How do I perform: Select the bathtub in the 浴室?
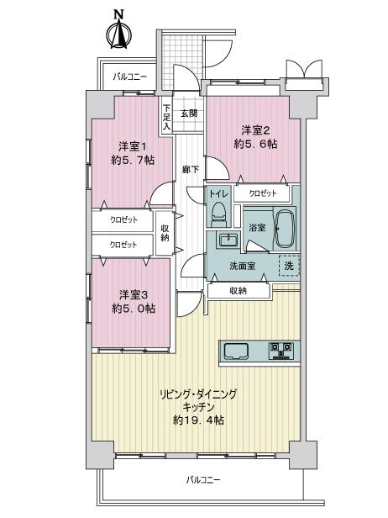284,229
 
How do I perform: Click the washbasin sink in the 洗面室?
228,240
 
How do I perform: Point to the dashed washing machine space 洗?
290,266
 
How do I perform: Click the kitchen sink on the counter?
236,351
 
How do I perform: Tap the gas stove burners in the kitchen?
281,351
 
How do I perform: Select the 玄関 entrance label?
189,114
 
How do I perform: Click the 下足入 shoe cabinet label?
167,117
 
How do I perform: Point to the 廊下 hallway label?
191,170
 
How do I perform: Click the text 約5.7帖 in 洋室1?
133,161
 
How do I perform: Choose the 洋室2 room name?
255,130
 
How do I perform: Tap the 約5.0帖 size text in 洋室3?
134,309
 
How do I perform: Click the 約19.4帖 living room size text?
198,420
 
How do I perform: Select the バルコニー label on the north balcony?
129,77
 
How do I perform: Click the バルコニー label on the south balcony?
202,479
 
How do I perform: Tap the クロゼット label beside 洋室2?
263,193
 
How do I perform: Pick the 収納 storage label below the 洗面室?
238,291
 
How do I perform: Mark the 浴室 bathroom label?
257,228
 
